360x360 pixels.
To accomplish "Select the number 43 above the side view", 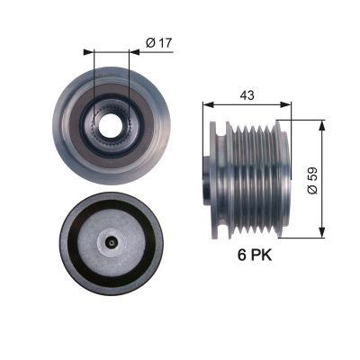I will pos(247,93).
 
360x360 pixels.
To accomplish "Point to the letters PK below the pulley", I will pos(259,256).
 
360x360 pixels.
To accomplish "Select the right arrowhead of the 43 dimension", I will pos(288,104).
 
